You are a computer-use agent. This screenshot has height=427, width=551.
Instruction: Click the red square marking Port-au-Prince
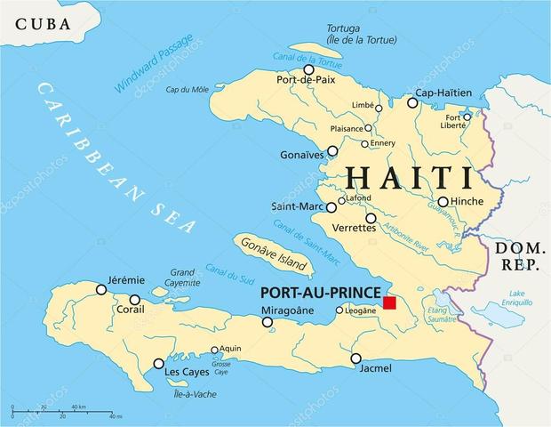[x=389, y=303]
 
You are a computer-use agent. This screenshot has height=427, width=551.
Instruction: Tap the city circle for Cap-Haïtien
[x=412, y=103]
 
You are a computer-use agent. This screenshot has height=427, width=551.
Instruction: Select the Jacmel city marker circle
[x=355, y=359]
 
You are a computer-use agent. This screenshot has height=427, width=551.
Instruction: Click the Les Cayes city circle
[x=158, y=364]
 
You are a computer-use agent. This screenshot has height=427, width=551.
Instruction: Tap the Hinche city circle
[x=443, y=201]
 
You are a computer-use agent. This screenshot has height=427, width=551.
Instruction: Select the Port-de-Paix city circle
[x=308, y=69]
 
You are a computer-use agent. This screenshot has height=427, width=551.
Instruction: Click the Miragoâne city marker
[x=267, y=322]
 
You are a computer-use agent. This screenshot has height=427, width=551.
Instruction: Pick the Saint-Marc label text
[x=297, y=207]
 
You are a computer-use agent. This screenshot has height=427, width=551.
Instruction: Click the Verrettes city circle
[x=371, y=218]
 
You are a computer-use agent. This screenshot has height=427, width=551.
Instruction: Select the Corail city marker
[x=134, y=300]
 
